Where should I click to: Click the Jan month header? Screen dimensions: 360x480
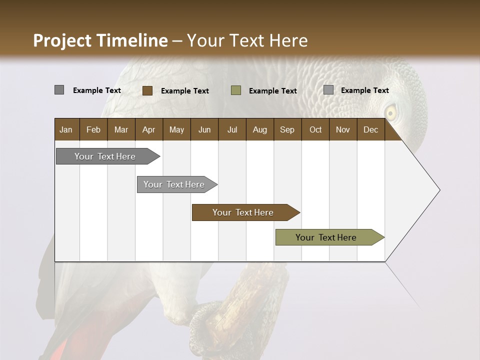click(66, 129)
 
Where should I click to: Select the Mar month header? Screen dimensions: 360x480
click(121, 129)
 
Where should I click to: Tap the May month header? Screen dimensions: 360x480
click(176, 129)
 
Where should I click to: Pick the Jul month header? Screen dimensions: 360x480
click(232, 129)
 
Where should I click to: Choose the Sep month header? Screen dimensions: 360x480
click(287, 129)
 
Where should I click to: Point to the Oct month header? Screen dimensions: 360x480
click(315, 129)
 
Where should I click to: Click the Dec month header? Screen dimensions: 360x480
click(370, 129)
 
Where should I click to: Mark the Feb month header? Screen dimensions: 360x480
click(93, 129)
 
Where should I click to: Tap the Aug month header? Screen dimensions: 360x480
click(259, 129)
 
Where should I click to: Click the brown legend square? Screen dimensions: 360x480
click(147, 90)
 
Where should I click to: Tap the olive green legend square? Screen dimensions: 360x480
click(236, 90)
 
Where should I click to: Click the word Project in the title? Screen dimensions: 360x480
click(62, 40)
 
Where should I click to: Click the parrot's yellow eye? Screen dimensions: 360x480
click(390, 112)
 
